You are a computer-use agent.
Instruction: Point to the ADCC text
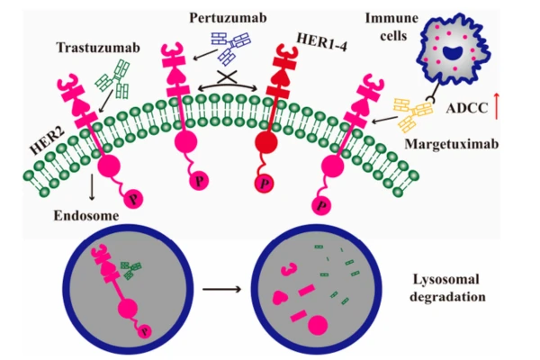(x=466, y=110)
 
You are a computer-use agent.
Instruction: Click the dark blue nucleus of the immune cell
(x=461, y=52)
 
